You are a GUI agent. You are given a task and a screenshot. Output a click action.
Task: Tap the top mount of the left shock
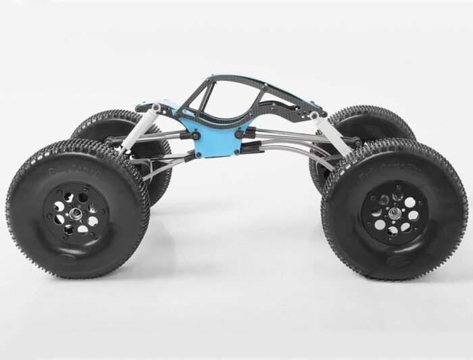tap(155, 107)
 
